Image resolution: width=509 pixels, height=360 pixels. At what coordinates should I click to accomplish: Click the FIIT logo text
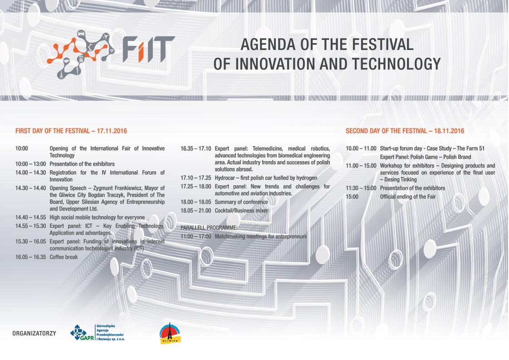click(148, 49)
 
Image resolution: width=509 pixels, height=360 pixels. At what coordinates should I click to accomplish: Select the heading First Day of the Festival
click(71, 131)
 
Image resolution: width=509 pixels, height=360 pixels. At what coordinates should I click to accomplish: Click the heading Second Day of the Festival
click(405, 131)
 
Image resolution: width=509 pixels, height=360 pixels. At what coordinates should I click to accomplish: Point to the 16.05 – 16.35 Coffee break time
click(31, 257)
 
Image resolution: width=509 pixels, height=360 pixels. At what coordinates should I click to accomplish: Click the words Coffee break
click(64, 257)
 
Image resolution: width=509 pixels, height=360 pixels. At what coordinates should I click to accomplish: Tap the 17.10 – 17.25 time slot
click(196, 178)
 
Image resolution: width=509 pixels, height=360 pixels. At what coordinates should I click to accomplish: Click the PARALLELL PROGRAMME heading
click(209, 227)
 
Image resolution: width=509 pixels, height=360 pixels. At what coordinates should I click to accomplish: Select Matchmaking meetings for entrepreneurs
click(261, 237)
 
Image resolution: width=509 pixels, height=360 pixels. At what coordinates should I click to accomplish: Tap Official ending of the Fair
click(408, 197)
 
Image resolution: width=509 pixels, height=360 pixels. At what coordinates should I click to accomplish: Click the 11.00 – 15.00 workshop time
click(361, 166)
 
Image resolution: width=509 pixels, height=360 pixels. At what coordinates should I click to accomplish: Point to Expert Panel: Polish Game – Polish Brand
click(425, 157)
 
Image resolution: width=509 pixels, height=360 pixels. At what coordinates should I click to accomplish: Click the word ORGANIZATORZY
click(34, 334)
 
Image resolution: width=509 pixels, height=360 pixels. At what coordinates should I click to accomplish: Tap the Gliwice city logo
click(170, 333)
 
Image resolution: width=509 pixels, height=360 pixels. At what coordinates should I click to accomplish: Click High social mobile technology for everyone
click(97, 217)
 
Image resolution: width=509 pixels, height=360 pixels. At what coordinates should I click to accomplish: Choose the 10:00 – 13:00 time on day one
click(31, 164)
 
